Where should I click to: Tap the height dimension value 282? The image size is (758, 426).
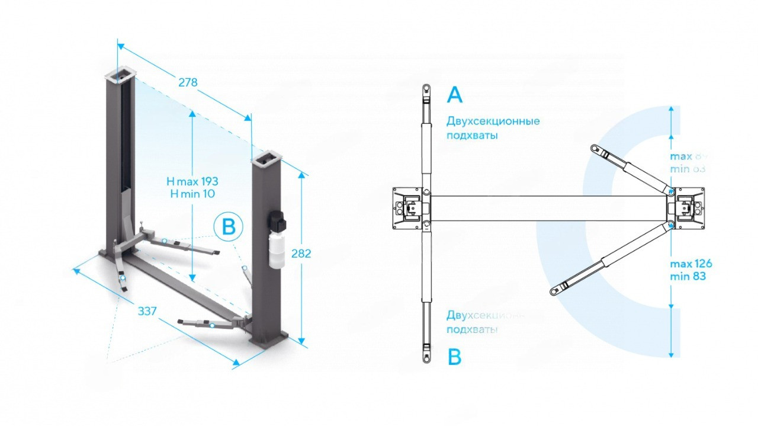(301, 254)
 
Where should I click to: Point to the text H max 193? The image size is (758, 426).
(192, 181)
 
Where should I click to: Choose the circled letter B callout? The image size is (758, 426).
(229, 226)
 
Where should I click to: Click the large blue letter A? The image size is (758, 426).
(455, 95)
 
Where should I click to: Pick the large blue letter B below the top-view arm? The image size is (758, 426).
(454, 357)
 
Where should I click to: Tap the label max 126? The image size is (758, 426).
(691, 264)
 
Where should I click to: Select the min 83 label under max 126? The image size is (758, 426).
(688, 276)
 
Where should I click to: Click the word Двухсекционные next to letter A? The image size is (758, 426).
(493, 121)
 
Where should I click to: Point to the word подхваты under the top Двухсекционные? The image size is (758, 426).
(472, 136)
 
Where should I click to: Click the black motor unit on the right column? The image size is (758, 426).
(277, 221)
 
